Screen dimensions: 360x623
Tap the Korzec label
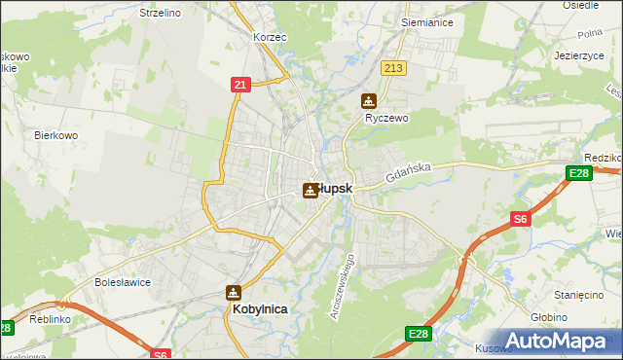click(x=269, y=36)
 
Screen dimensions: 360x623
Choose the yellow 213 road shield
click(x=394, y=68)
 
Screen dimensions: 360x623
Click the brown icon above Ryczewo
click(x=369, y=100)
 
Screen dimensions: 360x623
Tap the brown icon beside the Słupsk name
click(x=311, y=190)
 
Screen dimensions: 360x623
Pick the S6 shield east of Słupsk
click(x=521, y=220)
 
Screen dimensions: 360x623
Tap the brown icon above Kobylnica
click(x=234, y=292)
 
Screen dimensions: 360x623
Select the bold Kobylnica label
click(x=261, y=308)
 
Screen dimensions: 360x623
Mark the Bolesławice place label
click(x=120, y=282)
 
